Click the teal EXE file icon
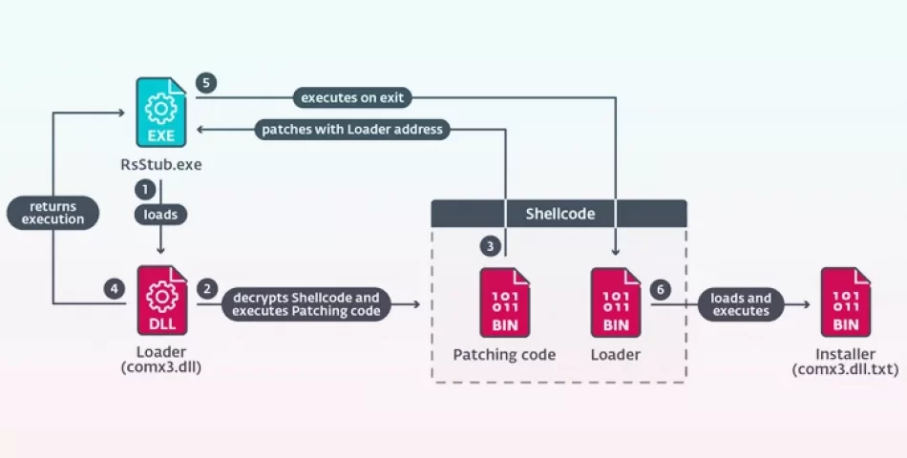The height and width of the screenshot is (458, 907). tap(161, 113)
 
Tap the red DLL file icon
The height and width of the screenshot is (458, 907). tap(162, 301)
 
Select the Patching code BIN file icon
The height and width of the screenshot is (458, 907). tap(505, 302)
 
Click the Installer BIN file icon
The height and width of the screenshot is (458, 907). tap(846, 302)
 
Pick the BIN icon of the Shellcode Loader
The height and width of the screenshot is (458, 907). tap(616, 302)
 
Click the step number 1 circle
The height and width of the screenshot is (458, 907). tap(145, 189)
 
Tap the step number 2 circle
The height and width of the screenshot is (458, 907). tap(207, 288)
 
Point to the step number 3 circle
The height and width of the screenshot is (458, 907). tap(491, 246)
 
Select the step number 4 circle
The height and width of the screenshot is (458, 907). tap(115, 288)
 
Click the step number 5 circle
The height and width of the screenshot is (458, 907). tap(206, 83)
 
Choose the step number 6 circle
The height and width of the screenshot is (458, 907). tap(661, 289)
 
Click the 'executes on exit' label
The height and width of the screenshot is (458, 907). tap(352, 97)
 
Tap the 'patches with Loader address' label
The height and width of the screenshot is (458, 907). tap(352, 129)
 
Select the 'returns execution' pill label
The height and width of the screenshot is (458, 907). tap(53, 213)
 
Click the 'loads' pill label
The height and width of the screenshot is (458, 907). tap(160, 215)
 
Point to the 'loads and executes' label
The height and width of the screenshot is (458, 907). tap(741, 304)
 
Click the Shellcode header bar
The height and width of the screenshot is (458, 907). tap(559, 214)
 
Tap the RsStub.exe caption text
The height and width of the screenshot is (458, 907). tap(161, 164)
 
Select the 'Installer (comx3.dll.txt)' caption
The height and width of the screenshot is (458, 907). tap(845, 362)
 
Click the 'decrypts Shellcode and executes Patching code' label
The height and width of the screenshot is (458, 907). tap(306, 304)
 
